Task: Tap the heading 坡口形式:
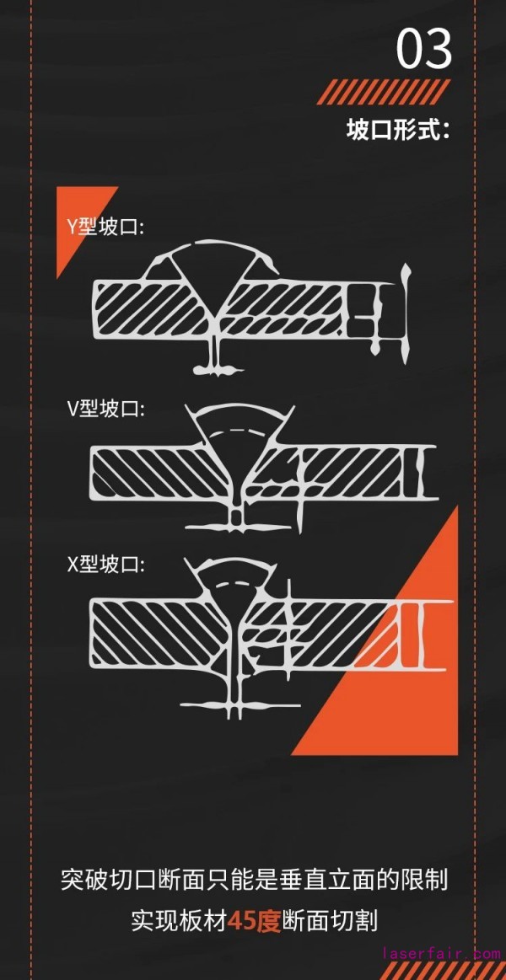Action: pos(397,131)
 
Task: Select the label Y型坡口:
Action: pos(106,228)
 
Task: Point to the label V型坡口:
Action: pos(106,410)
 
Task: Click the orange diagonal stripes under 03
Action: pos(384,92)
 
